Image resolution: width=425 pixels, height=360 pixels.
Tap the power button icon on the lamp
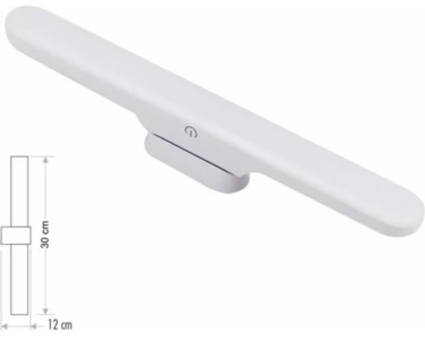(191, 131)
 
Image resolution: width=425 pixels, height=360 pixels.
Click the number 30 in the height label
(45, 241)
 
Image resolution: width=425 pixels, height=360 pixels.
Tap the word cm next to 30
(45, 227)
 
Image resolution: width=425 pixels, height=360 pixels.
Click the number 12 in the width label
(53, 325)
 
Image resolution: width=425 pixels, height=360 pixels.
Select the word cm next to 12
(67, 325)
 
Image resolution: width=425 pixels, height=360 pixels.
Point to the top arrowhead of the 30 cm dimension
(45, 160)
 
